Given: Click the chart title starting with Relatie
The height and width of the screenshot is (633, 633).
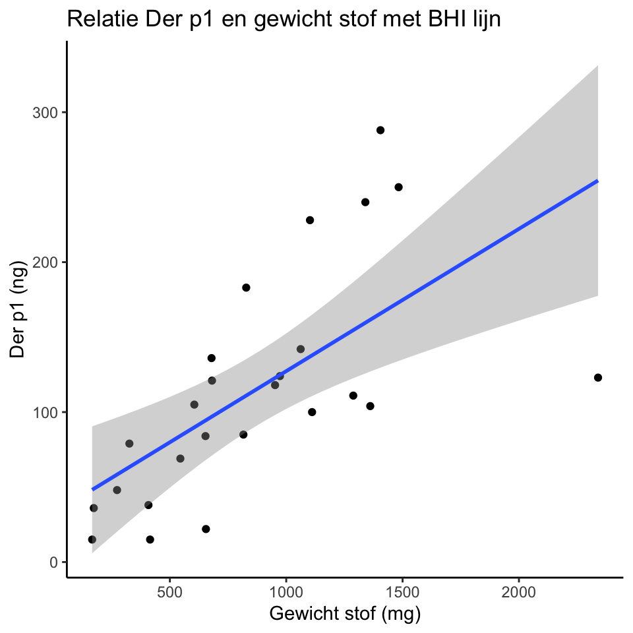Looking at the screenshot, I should tap(284, 20).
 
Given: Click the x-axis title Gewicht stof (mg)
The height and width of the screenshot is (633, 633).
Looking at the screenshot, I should tap(345, 614).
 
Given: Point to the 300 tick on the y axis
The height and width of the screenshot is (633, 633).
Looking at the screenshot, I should tap(45, 112).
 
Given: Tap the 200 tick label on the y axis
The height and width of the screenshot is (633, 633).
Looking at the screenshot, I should tap(45, 262).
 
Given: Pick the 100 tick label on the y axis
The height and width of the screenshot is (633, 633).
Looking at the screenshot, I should tap(45, 412).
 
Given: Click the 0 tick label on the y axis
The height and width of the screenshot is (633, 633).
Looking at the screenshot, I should tap(54, 562).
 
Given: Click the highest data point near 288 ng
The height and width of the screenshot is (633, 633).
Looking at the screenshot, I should tap(380, 130).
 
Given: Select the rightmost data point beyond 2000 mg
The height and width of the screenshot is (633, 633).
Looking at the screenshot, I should tap(598, 377).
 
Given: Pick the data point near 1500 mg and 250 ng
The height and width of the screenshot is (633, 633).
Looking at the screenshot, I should tap(398, 187).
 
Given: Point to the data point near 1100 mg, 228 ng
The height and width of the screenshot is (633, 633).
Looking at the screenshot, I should tap(310, 220).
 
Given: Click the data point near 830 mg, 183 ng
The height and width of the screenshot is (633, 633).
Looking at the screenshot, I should tap(246, 287).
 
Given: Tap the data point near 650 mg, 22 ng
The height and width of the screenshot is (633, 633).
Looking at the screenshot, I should tap(206, 529).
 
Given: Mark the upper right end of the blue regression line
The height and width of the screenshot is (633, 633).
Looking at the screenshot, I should tap(597, 181).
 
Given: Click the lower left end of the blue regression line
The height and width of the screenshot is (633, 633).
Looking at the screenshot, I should tap(93, 489).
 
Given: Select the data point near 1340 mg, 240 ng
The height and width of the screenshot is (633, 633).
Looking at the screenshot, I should tap(365, 202).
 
